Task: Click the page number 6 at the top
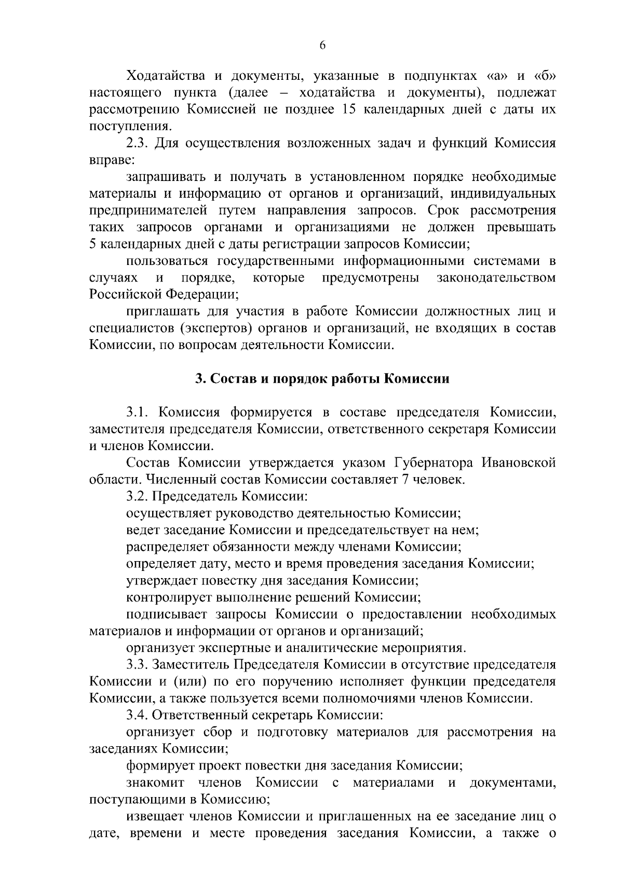[x=322, y=46]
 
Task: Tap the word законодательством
[x=496, y=278]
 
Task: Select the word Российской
[x=125, y=295]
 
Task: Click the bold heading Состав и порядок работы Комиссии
[x=322, y=379]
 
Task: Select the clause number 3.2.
[x=137, y=496]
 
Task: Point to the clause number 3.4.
[x=138, y=716]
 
